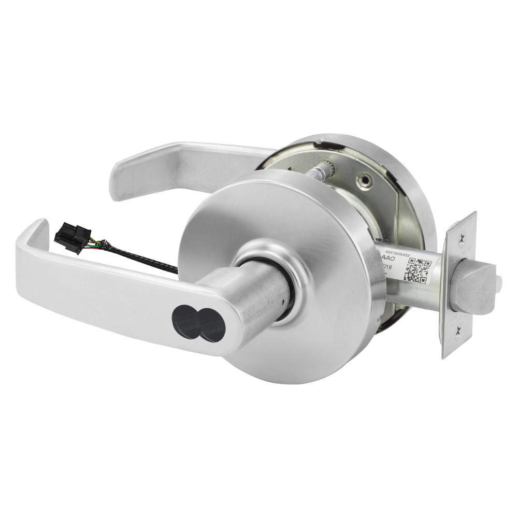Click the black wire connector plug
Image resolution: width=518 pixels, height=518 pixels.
(73, 238)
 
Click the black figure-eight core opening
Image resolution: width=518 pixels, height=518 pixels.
(197, 321)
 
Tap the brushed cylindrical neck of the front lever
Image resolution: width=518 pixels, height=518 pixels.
(259, 290)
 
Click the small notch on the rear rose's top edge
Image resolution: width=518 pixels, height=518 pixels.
(320, 140)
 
